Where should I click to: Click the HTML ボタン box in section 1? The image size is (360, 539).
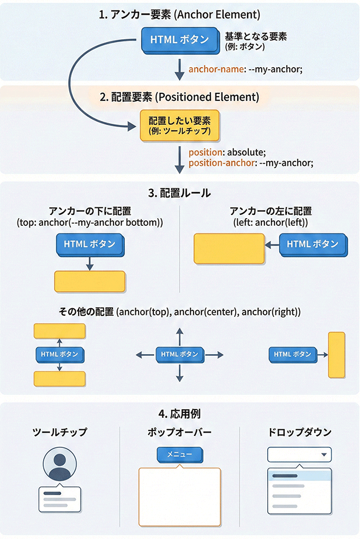click(x=179, y=39)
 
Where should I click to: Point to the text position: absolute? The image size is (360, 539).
click(x=226, y=153)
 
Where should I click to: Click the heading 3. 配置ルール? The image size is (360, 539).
click(x=179, y=193)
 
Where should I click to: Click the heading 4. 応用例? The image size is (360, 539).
click(x=179, y=414)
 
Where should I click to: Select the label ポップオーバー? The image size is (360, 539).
click(x=179, y=433)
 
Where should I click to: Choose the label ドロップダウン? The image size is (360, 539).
click(x=299, y=433)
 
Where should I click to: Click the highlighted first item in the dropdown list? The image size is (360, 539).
click(x=299, y=476)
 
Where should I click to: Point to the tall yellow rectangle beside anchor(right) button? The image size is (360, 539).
click(x=336, y=355)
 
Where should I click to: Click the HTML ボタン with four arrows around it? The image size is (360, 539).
click(x=179, y=355)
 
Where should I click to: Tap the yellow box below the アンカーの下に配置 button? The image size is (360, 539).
click(x=90, y=282)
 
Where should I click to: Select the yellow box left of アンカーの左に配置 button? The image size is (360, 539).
click(x=229, y=249)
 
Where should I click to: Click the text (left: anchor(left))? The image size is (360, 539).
click(x=270, y=223)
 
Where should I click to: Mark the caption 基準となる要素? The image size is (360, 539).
click(x=256, y=37)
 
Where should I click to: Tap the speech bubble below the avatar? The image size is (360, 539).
click(x=59, y=499)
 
